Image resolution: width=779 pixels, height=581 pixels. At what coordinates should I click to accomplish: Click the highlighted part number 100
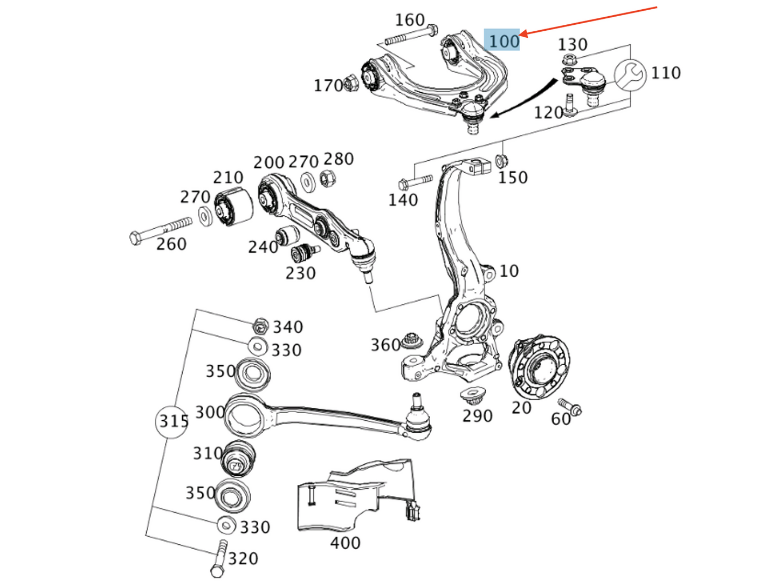tap(502, 40)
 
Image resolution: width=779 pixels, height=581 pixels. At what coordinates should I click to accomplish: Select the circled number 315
tap(173, 421)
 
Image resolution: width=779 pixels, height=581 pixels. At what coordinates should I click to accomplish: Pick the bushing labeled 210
tap(233, 207)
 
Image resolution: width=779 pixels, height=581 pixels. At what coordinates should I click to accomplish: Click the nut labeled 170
tap(350, 83)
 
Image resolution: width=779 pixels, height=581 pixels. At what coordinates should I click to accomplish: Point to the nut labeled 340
tap(260, 325)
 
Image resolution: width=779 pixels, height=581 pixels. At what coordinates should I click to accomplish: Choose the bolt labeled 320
tap(219, 558)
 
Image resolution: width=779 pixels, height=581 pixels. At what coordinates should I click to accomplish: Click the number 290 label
tap(477, 416)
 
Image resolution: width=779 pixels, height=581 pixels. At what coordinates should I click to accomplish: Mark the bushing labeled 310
tap(238, 459)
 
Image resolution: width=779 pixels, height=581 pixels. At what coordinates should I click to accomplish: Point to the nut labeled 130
tap(567, 59)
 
